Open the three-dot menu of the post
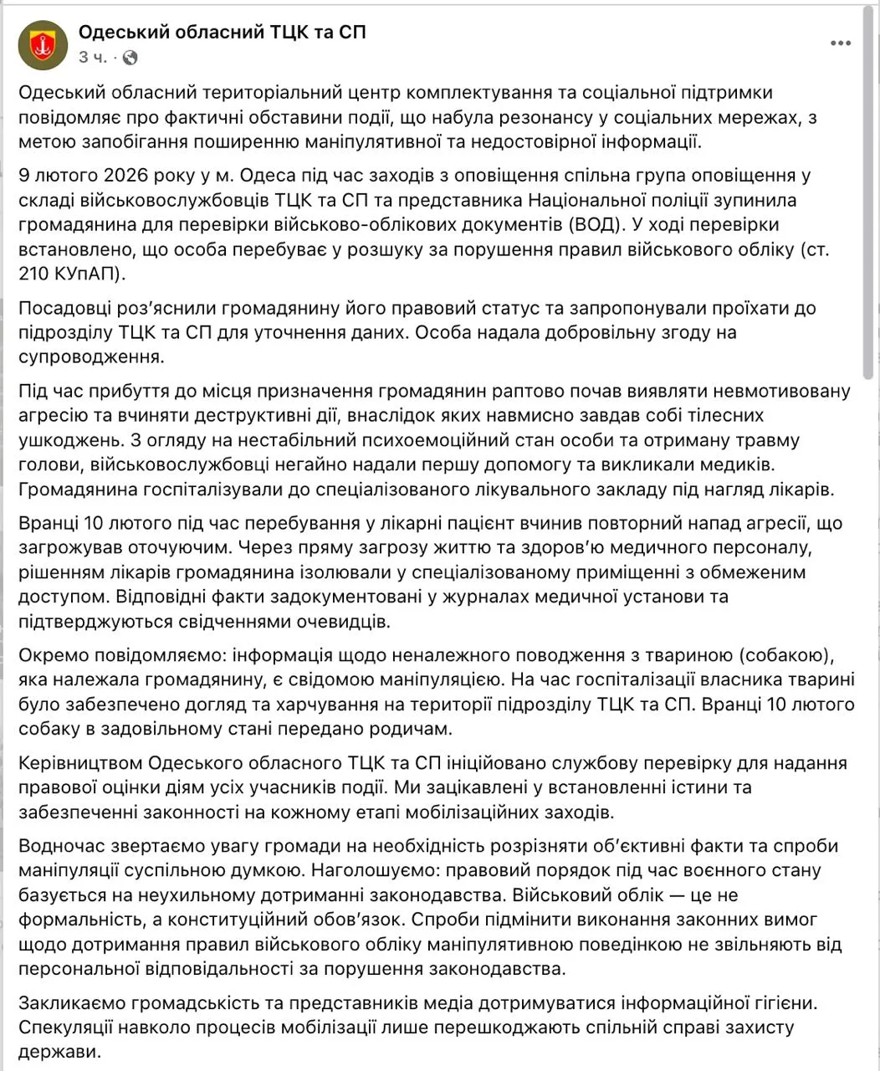tap(841, 43)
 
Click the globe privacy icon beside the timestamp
tap(130, 58)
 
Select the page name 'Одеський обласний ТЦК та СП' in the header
tap(222, 33)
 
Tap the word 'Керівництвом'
tap(78, 763)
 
